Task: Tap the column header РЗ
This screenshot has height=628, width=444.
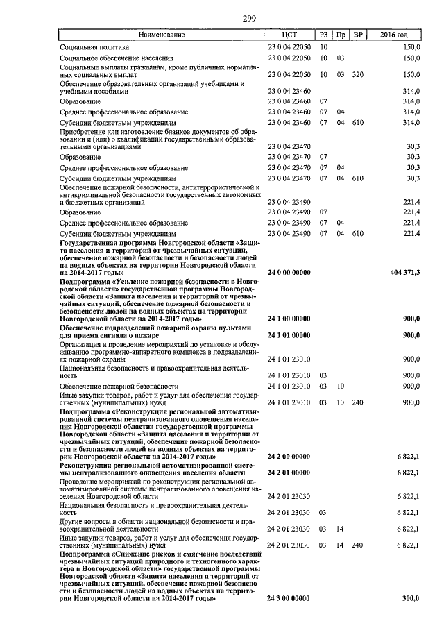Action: (x=323, y=34)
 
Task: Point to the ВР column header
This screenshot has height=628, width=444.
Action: (x=358, y=34)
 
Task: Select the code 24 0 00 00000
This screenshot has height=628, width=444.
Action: (x=290, y=274)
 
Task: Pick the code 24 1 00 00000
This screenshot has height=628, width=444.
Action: (x=290, y=319)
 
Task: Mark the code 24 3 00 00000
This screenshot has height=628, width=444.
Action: (x=290, y=598)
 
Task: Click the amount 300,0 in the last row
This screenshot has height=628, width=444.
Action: (x=411, y=598)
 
